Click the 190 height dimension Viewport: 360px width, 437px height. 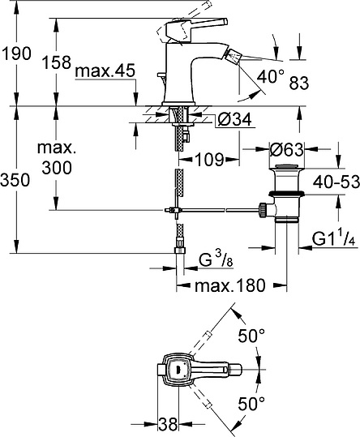coord(15,54)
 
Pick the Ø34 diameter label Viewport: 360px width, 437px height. coord(234,121)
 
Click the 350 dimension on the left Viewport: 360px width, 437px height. coord(15,179)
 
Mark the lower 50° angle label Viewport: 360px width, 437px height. coord(251,401)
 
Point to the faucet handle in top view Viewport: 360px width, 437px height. coord(178,369)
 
